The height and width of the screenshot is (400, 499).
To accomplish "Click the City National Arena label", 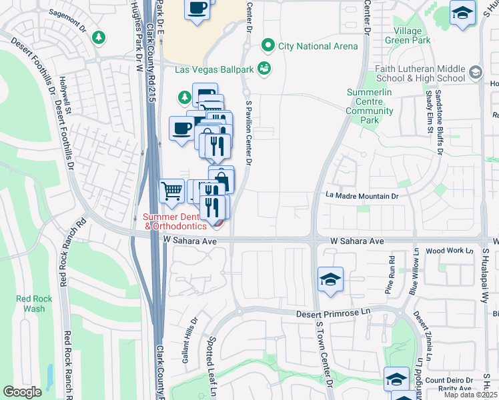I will [x=318, y=46].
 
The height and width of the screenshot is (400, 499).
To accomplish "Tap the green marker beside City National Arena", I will [x=269, y=46].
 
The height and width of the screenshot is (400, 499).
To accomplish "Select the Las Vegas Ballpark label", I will [x=215, y=69].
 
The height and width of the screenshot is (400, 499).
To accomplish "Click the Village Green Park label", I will [x=408, y=35].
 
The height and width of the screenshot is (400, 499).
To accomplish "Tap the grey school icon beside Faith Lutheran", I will [x=476, y=71].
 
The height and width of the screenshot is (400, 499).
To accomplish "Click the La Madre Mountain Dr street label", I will [x=362, y=196].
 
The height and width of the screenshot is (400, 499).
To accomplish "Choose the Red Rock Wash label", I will [x=31, y=303].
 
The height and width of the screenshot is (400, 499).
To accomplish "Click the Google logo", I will [x=22, y=391].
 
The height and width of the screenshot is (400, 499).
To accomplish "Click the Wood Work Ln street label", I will [x=448, y=251].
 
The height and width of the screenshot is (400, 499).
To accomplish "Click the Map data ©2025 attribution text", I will [x=470, y=395].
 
